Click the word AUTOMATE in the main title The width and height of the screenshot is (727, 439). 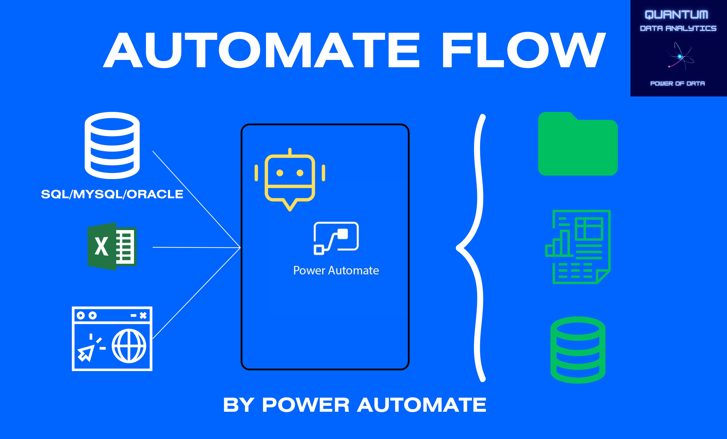tap(261, 50)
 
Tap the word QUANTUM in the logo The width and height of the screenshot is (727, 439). tap(676, 15)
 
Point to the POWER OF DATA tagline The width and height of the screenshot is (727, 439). tap(677, 83)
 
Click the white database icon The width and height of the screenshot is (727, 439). tap(112, 145)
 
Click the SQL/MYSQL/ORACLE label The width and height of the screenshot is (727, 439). tap(112, 194)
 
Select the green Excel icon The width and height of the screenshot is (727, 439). tap(112, 246)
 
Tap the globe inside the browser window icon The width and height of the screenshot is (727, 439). tap(129, 346)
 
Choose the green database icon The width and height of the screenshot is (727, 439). tap(578, 350)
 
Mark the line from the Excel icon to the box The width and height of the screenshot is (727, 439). tap(196, 247)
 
